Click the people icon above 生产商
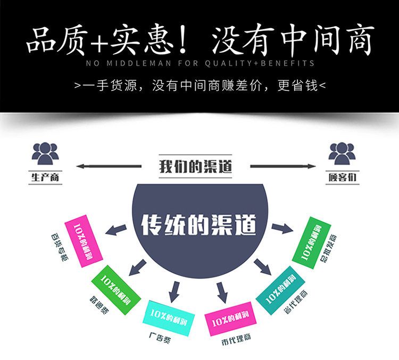coord(45,154)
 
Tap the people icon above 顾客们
coord(342,154)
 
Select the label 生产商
coord(45,177)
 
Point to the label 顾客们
coord(342,177)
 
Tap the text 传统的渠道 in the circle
coord(199,225)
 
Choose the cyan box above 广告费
coord(167,318)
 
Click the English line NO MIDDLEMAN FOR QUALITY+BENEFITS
coord(199,63)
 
